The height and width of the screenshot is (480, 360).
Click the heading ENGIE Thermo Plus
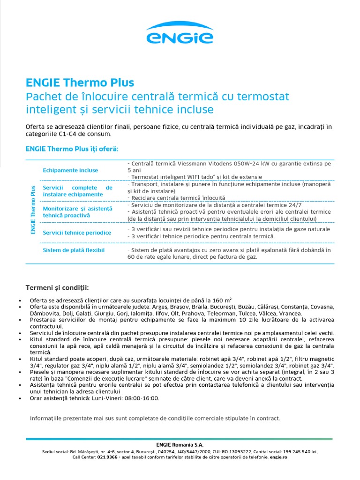(x=80, y=82)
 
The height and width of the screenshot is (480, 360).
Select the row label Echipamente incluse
(x=70, y=170)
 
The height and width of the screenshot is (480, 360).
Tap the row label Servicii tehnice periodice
(x=77, y=232)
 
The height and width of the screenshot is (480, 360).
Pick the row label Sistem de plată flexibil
(x=74, y=250)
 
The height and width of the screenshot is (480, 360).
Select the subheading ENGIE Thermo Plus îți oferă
(x=72, y=149)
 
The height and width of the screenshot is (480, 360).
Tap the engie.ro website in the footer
(x=278, y=457)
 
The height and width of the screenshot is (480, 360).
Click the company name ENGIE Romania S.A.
(x=180, y=445)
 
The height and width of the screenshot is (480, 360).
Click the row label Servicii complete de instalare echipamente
(x=77, y=191)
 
